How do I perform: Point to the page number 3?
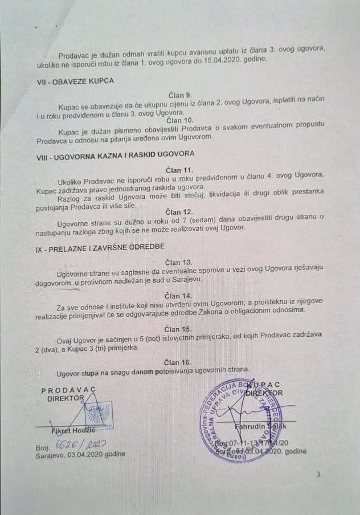tap(318, 474)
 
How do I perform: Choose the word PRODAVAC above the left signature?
tap(68, 390)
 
